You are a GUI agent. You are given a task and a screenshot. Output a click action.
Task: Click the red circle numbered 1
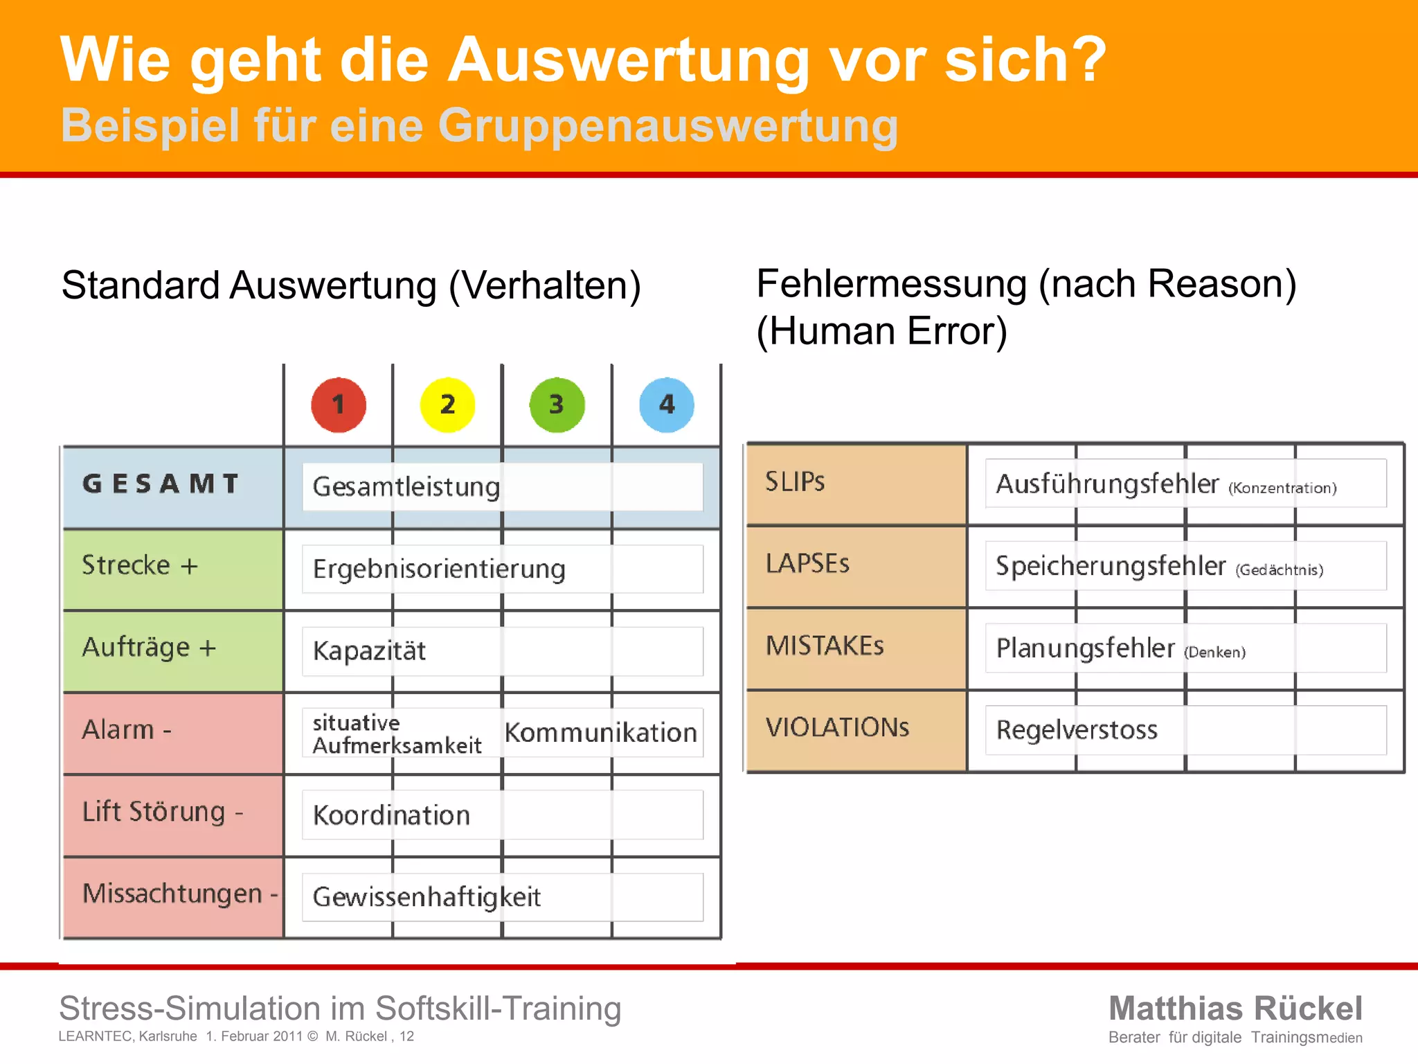coord(339,405)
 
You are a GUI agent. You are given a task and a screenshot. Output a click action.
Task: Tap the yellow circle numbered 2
coord(447,405)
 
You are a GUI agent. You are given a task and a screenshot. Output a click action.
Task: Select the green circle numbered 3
coord(557,405)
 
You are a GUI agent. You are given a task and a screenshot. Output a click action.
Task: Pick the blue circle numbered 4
coord(666,405)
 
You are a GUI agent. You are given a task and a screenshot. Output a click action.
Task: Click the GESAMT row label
coord(161,484)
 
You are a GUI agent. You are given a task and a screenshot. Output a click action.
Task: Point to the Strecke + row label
coord(140,565)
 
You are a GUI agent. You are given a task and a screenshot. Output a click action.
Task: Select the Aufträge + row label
coord(149,648)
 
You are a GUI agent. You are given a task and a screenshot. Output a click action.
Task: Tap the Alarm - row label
coord(127,729)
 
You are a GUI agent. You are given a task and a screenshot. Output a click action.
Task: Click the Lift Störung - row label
coord(163,812)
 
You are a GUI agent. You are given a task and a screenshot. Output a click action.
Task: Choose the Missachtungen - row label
coord(179,894)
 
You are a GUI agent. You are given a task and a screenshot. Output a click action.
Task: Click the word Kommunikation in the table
coord(600,733)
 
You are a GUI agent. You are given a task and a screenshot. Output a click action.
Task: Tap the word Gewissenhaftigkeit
coord(427,897)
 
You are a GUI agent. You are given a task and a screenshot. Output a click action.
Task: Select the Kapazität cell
coord(369,651)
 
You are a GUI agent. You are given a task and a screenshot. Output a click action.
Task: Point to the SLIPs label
coord(795,481)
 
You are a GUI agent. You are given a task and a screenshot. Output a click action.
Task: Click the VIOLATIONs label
coord(837,727)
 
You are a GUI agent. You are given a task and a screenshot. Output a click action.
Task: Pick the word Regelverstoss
coord(1077,730)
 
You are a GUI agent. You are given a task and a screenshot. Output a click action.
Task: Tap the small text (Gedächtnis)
coord(1280,570)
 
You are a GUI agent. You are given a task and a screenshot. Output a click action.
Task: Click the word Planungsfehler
coord(1085,648)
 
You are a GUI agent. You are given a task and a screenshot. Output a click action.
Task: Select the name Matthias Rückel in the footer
coord(1235,1008)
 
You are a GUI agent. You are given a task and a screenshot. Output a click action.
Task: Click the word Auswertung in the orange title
coord(629,60)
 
